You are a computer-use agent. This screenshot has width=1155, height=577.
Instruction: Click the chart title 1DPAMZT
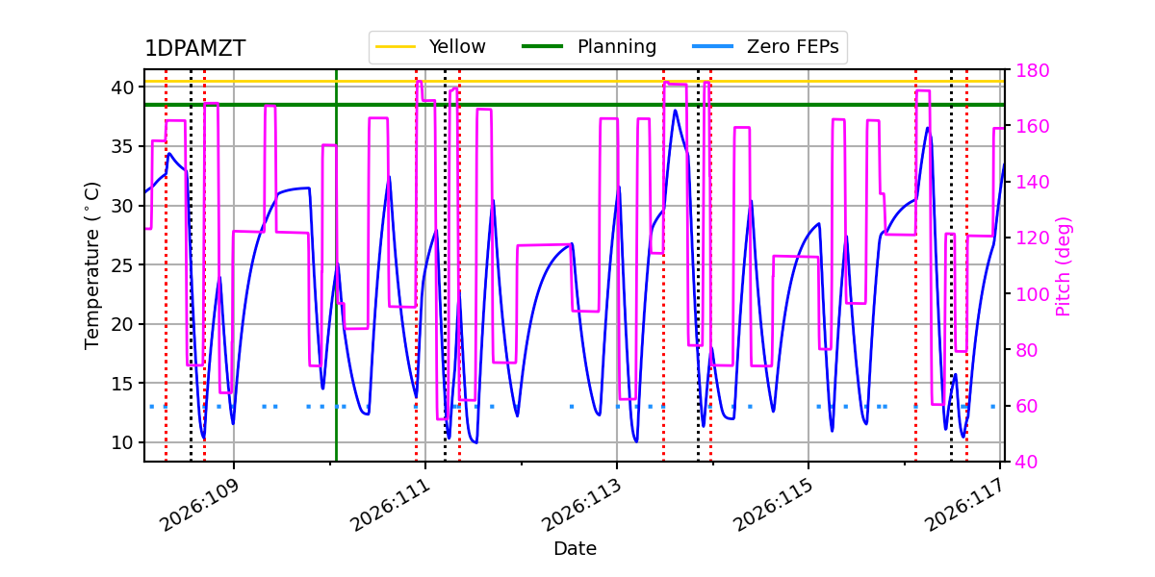tap(194, 49)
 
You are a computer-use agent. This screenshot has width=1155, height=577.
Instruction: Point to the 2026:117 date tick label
tap(966, 506)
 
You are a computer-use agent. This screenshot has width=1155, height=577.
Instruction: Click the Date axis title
tap(575, 549)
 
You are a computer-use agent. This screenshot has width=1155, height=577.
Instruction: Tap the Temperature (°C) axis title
tap(92, 264)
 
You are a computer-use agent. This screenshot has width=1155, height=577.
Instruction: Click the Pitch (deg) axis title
tap(1064, 265)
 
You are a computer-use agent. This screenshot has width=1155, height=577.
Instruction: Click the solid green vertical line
tap(336, 288)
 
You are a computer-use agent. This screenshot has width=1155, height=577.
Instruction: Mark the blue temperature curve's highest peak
tap(675, 111)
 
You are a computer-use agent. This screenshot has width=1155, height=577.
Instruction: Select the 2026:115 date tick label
tap(775, 506)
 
